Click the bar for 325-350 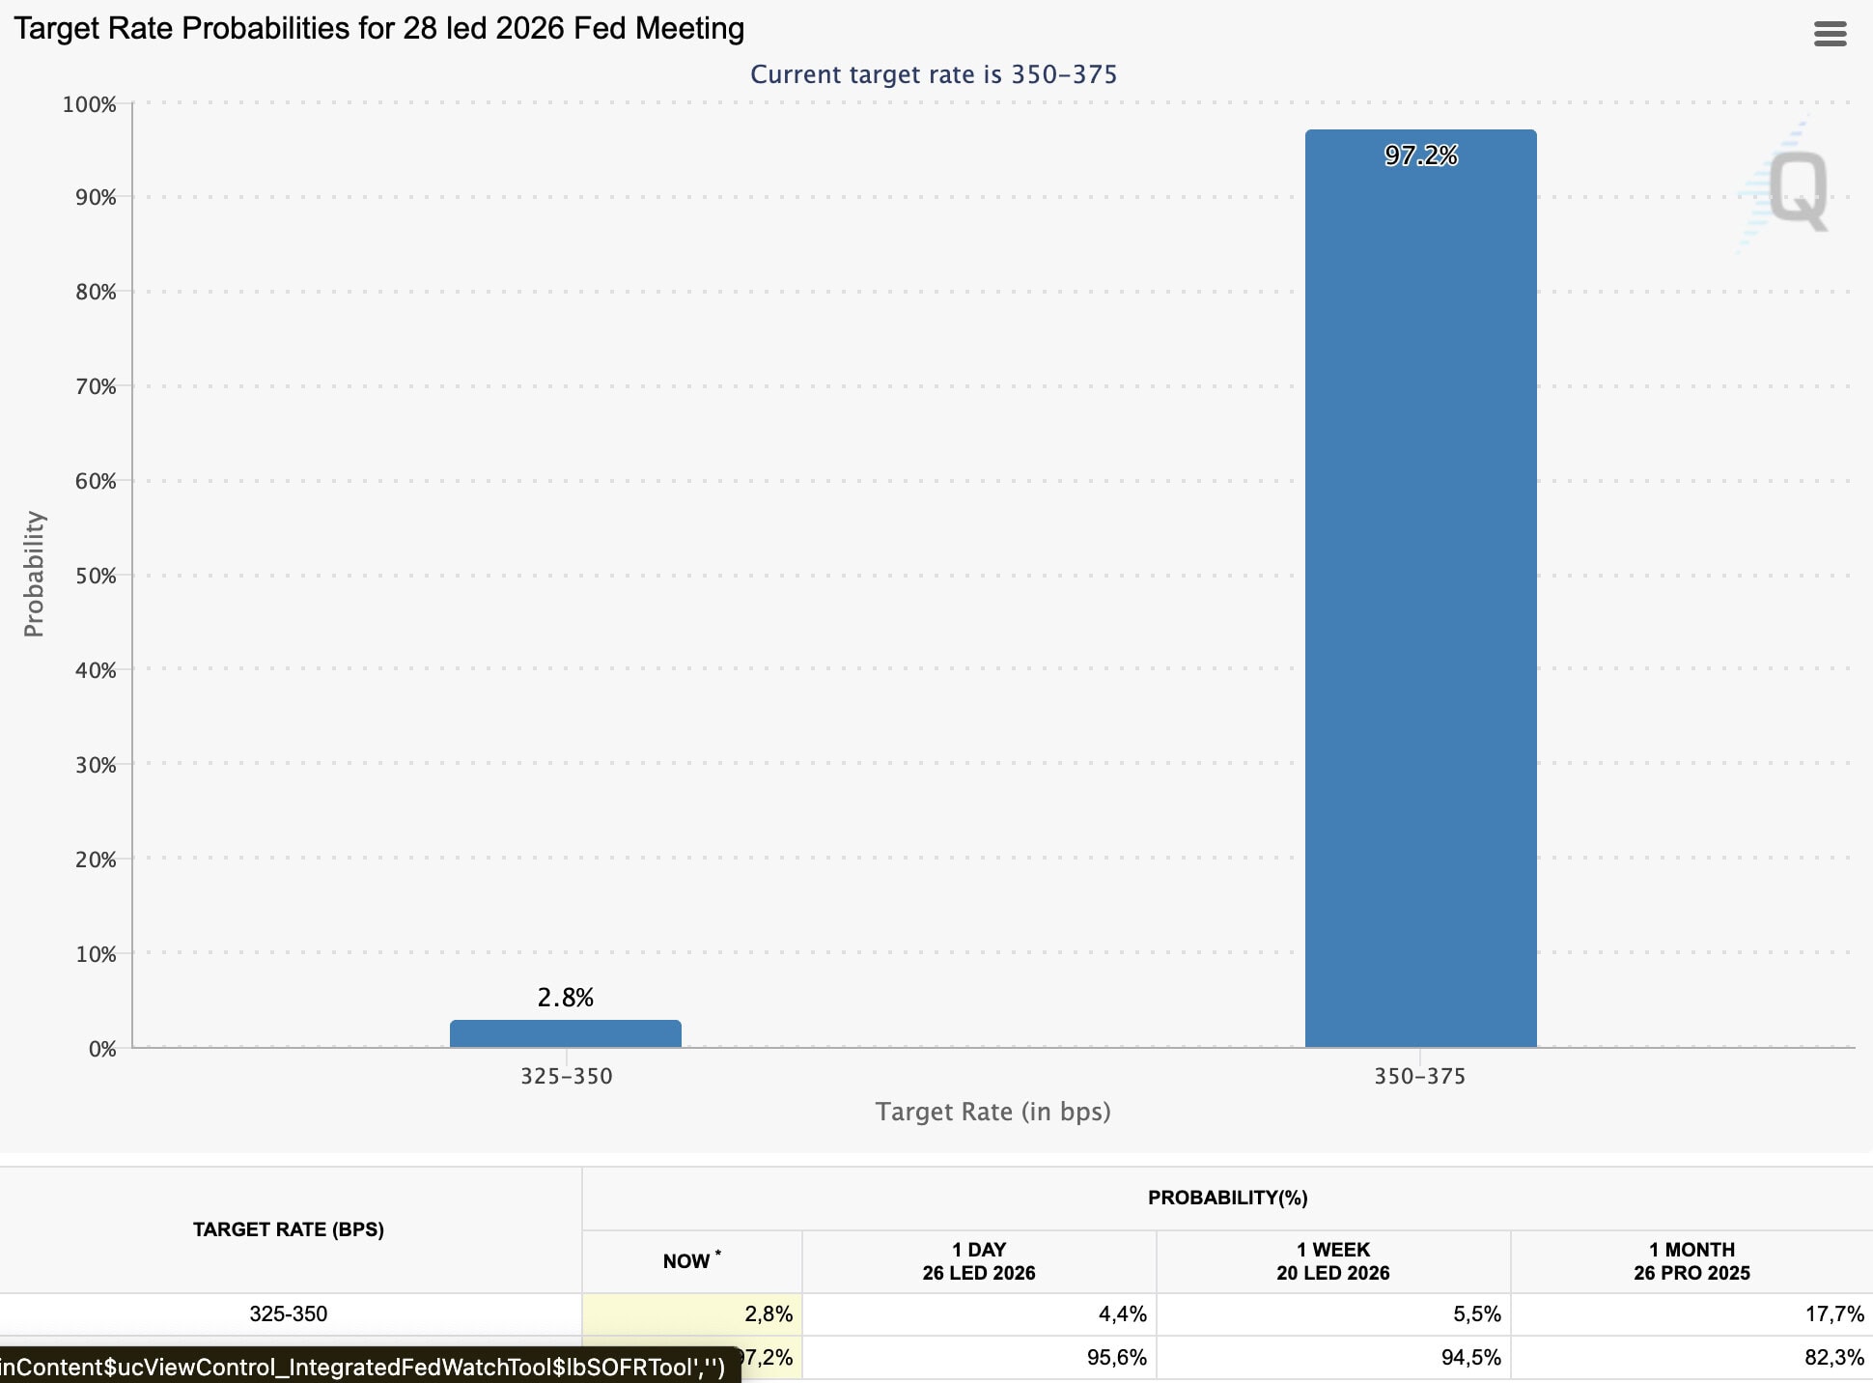pos(566,1033)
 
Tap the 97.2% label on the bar pos(1420,155)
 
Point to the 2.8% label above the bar pos(566,998)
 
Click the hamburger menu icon pos(1830,34)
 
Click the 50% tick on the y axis pos(96,576)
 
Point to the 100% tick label pos(90,104)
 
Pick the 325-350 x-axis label pos(567,1076)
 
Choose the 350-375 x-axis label pos(1420,1076)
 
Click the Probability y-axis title pos(34,574)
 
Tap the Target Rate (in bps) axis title pos(992,1112)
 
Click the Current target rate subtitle pos(934,74)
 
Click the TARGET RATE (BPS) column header pos(289,1229)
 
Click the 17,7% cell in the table pos(1834,1314)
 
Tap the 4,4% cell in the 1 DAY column pos(1122,1314)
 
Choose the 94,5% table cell pos(1470,1358)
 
